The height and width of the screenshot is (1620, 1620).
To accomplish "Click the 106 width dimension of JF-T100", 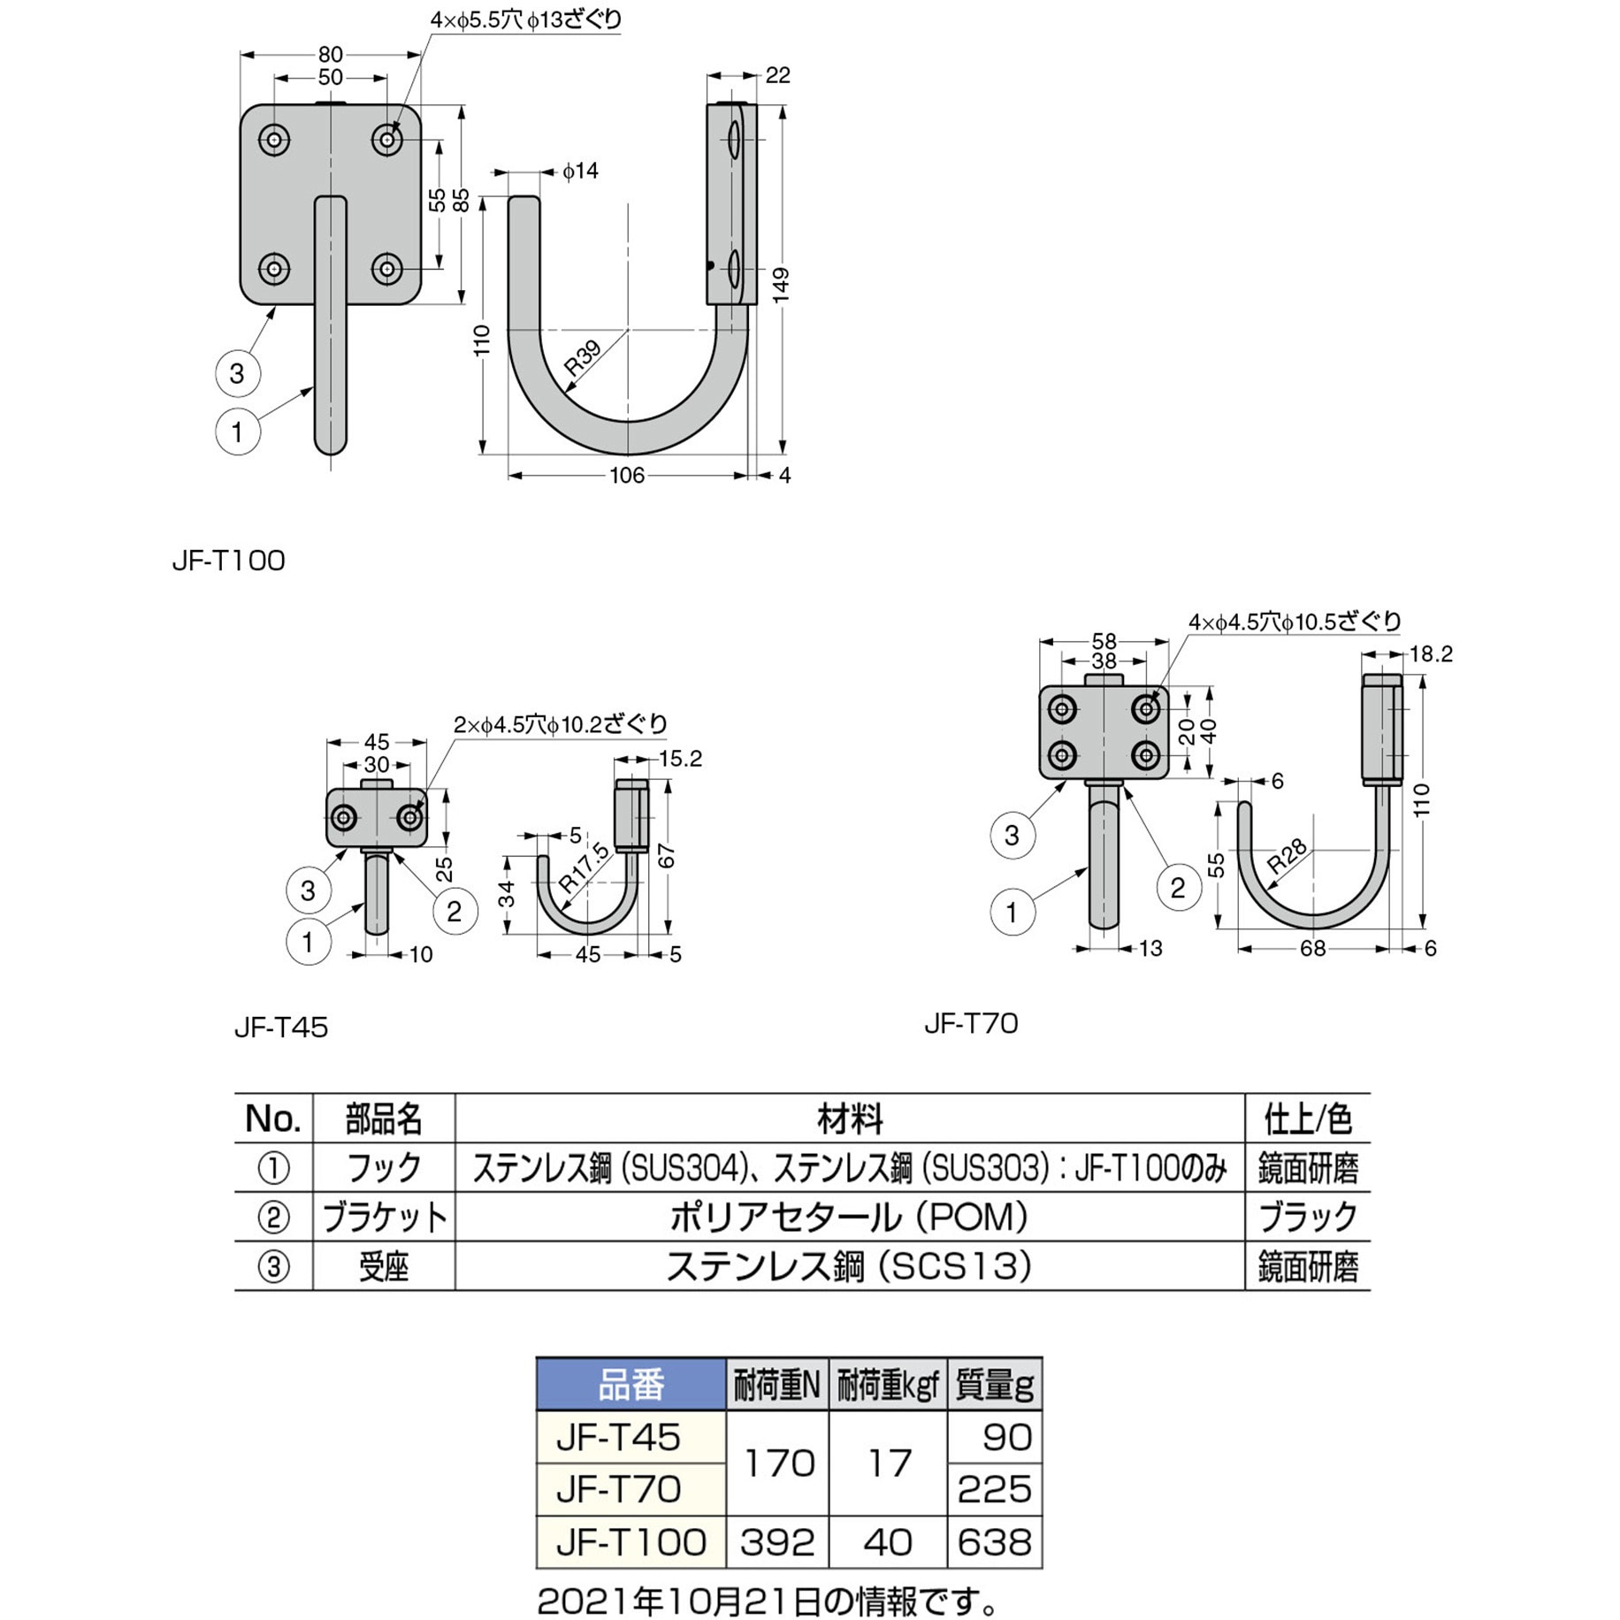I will [x=626, y=476].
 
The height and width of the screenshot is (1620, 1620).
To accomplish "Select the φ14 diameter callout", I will [x=580, y=171].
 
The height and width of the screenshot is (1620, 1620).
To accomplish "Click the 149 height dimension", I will [x=780, y=286].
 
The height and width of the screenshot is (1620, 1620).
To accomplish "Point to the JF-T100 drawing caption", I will [x=229, y=561].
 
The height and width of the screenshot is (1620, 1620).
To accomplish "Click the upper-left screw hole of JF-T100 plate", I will [x=275, y=140].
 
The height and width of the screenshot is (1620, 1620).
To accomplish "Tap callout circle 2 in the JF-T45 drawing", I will [x=455, y=912].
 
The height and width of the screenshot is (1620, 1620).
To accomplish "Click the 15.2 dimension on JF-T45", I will [x=680, y=759].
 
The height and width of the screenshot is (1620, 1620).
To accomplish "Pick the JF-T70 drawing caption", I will [x=971, y=1023].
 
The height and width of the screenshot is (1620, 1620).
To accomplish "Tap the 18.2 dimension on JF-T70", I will [x=1431, y=653].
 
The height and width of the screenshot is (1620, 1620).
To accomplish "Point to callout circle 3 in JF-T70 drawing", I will [x=1012, y=835].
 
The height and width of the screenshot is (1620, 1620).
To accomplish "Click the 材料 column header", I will [x=849, y=1119].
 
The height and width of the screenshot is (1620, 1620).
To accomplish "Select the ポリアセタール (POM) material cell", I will [x=849, y=1217].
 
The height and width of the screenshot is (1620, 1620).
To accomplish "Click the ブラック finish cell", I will [x=1307, y=1217].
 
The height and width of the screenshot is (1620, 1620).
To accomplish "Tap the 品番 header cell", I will [x=630, y=1384].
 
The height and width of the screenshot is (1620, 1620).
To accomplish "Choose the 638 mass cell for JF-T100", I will [x=994, y=1541].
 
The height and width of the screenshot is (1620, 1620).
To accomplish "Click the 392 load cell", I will [x=776, y=1541].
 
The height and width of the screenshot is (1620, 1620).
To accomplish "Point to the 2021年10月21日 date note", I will [x=768, y=1600].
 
